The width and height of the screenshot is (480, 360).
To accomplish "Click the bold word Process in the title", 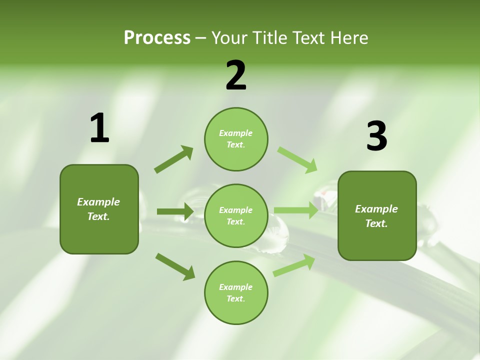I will point(157,38).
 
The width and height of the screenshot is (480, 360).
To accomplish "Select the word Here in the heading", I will point(348,38).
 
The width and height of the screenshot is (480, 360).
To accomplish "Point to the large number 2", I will point(236,75).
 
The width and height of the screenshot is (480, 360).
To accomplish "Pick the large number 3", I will point(376,136).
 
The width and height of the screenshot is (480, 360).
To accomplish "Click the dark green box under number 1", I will point(99,209).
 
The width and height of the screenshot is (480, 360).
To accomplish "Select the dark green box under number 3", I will point(377,216).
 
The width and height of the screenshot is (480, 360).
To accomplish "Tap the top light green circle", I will point(236,139).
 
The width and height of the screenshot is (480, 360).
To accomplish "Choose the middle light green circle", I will point(236,216).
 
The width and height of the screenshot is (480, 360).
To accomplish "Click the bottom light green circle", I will point(236,293).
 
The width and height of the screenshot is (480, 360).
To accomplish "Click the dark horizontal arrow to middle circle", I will point(175,211).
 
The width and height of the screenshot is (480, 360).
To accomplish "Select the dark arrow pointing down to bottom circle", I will point(175,266).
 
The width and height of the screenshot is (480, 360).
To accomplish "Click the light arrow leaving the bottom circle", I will point(294,265).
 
